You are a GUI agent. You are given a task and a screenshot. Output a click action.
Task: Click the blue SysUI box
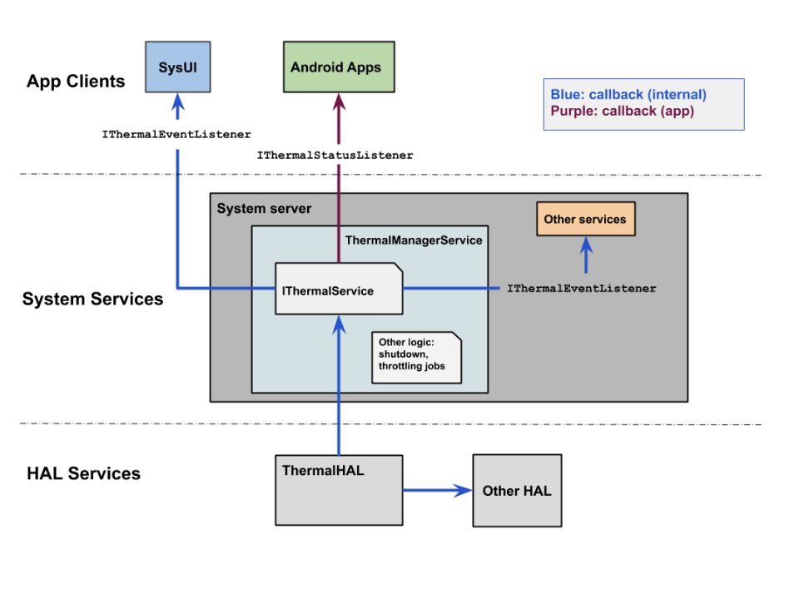[177, 67]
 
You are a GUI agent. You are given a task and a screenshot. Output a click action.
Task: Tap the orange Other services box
[585, 220]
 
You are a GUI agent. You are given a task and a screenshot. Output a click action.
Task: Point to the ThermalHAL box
[339, 489]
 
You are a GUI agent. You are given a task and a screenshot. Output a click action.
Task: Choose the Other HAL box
[517, 491]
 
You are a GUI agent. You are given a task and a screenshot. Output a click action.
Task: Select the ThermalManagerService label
[414, 240]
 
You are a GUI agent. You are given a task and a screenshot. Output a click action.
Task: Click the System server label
[264, 209]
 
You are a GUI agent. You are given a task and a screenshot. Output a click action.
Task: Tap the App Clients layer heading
[76, 82]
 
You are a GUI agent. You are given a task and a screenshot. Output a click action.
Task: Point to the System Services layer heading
[92, 299]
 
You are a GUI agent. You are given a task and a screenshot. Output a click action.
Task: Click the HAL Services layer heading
[83, 474]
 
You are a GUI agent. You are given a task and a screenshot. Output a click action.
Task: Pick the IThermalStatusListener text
[335, 156]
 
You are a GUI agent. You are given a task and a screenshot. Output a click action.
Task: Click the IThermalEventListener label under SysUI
[176, 134]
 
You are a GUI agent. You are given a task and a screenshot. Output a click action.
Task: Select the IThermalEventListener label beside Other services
[582, 289]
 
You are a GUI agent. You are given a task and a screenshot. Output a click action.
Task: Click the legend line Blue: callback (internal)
[628, 95]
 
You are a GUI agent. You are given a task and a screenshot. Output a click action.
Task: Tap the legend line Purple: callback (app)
[622, 111]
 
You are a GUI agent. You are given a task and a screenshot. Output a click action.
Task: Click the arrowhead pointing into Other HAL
[462, 490]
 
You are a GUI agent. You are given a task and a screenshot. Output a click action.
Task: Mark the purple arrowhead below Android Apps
[339, 101]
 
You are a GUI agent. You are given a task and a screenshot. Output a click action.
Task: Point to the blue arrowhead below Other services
[586, 245]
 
